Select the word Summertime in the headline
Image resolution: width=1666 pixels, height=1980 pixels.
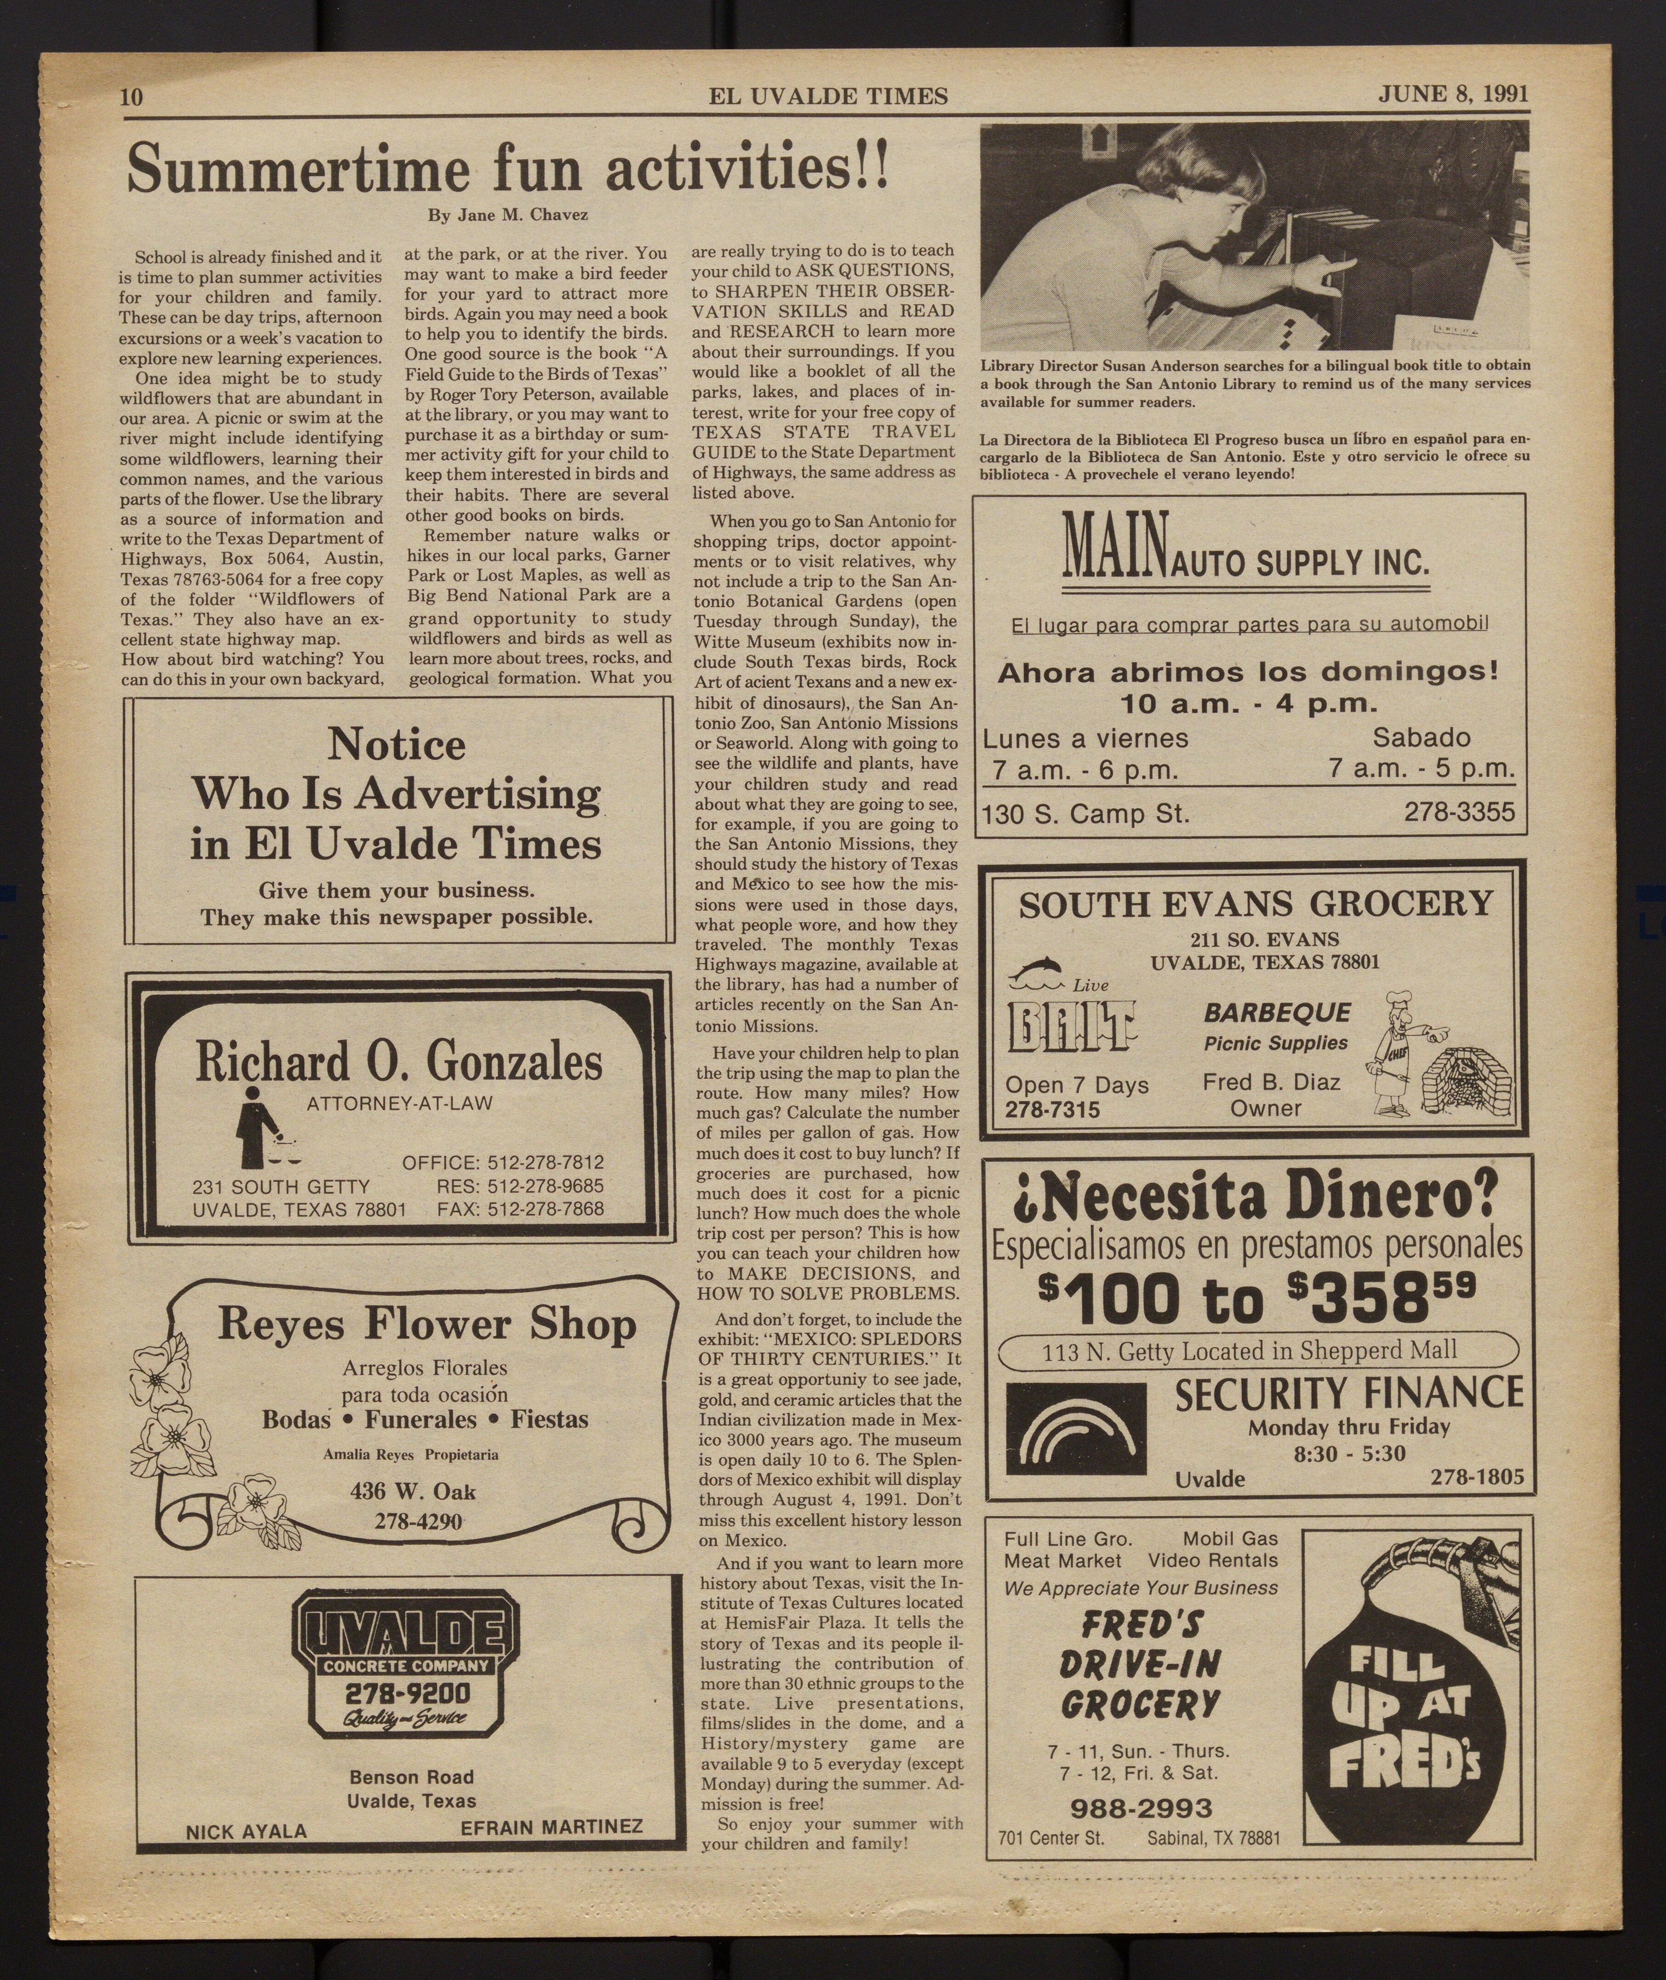pyautogui.click(x=298, y=170)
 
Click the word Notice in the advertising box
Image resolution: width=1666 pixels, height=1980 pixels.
pyautogui.click(x=397, y=745)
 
